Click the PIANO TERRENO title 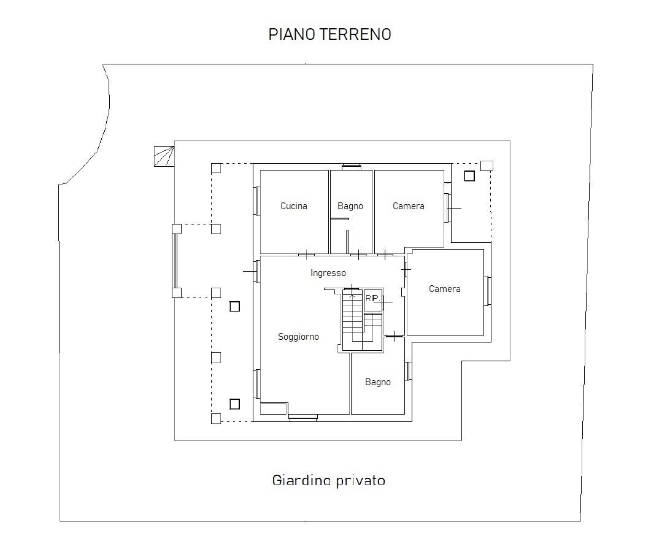tap(329, 34)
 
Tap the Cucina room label tap(293, 206)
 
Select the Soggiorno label tap(298, 337)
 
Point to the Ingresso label tap(328, 273)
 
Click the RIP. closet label tap(372, 298)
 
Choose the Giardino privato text tap(329, 480)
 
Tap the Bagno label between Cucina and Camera tap(350, 206)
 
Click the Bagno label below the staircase tap(378, 382)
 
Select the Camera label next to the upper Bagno tap(409, 206)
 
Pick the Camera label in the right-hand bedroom tap(445, 289)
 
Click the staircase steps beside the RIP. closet tap(353, 316)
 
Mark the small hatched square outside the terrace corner tap(164, 156)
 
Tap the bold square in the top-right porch tap(469, 175)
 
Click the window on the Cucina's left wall tap(257, 201)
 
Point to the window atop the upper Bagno tap(351, 167)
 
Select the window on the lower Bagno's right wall tap(408, 371)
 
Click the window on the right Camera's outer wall tap(487, 291)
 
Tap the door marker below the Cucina tap(306, 256)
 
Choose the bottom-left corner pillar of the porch tap(216, 419)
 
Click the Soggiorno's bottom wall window tap(302, 418)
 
